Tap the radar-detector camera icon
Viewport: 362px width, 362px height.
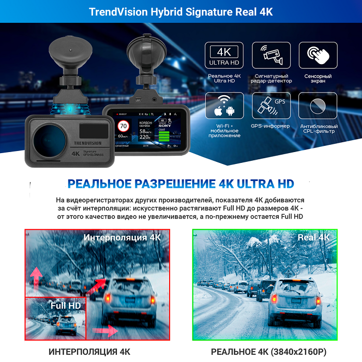pos(271,55)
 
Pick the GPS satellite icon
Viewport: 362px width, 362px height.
pos(271,107)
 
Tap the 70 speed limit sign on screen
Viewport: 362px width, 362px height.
pos(124,126)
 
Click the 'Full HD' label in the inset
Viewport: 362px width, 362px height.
pos(66,306)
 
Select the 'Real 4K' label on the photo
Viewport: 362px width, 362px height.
pos(313,237)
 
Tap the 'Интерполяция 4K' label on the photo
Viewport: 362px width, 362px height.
pos(123,237)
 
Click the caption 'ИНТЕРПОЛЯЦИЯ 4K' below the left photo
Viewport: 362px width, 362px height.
pos(89,352)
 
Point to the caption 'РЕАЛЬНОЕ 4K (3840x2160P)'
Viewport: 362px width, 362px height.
pos(268,352)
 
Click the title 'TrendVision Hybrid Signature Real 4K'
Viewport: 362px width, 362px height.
pos(181,11)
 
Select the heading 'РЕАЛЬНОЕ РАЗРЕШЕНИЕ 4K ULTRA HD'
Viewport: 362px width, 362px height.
pos(181,184)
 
